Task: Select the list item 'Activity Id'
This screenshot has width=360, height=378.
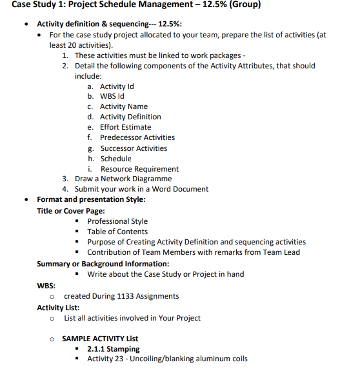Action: [x=117, y=86]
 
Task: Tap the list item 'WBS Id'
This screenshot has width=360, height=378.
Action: [x=112, y=96]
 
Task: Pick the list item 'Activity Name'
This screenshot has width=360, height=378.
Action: [x=123, y=106]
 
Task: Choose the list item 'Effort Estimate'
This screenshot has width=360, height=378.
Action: [x=125, y=127]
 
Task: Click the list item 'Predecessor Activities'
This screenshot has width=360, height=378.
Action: [x=137, y=137]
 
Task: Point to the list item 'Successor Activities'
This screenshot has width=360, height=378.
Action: [x=133, y=148]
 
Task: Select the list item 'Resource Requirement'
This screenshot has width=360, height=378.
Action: [x=139, y=169]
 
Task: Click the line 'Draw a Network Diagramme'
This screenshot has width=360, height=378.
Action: [x=123, y=179]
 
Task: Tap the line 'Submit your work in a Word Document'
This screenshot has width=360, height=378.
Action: [x=141, y=189]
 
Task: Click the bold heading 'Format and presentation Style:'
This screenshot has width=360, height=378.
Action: [x=91, y=199]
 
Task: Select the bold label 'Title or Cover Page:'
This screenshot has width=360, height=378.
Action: [x=71, y=210]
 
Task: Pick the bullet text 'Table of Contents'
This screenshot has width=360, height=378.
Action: [x=117, y=232]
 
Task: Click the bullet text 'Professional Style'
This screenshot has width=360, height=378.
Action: [x=117, y=221]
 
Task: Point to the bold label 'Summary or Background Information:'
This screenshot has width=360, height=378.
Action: [x=103, y=263]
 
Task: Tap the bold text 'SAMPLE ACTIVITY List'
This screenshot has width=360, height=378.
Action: [x=100, y=339]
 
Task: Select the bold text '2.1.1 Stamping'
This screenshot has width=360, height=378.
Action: [x=114, y=349]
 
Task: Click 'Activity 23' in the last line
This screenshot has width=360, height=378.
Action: [x=106, y=359]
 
